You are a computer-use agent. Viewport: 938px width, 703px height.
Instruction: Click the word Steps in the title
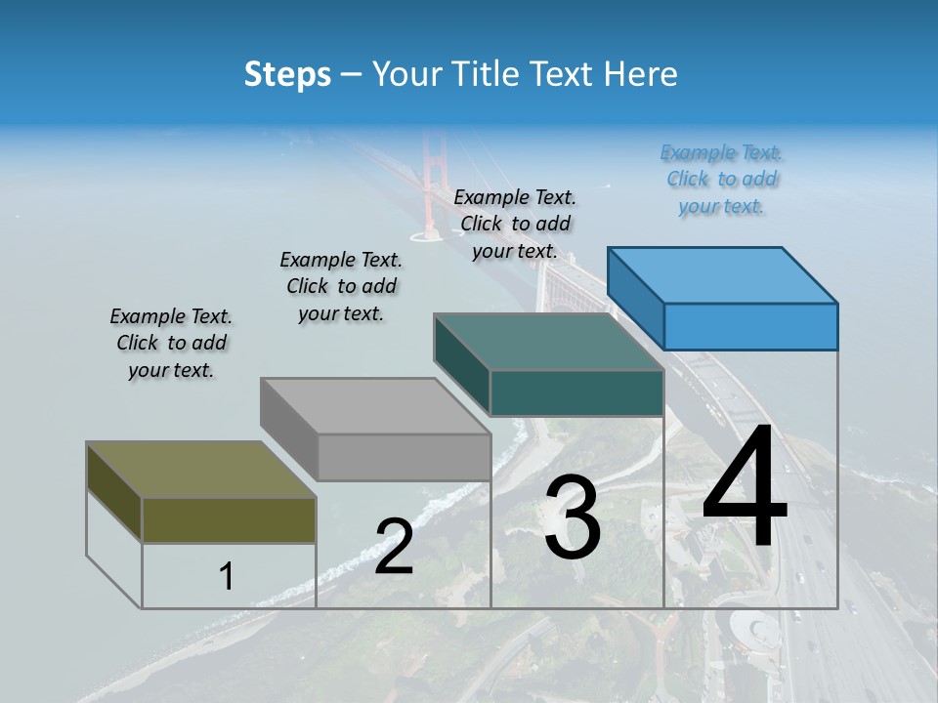tap(287, 74)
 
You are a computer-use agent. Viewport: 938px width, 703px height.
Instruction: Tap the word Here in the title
tap(641, 74)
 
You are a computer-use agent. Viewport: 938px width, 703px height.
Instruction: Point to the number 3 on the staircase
tap(572, 518)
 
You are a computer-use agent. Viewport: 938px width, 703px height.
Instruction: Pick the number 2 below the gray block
tap(394, 547)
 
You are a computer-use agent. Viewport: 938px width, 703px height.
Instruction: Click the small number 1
tap(226, 577)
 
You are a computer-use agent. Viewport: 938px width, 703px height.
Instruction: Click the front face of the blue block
tap(750, 326)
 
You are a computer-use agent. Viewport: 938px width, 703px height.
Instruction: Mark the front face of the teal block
tap(576, 393)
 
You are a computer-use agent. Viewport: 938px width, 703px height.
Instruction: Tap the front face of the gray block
tap(404, 457)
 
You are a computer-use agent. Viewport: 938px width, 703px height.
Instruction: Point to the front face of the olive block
tap(229, 519)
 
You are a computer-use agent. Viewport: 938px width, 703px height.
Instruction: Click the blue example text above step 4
tap(722, 179)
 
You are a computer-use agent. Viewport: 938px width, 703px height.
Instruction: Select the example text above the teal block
tap(515, 224)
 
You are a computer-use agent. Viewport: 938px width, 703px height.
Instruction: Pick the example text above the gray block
tap(341, 286)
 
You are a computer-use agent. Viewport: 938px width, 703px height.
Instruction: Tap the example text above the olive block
tap(171, 343)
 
